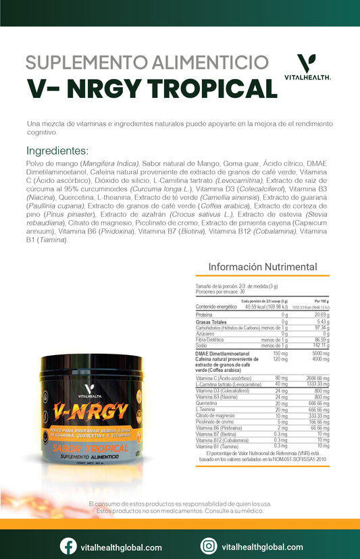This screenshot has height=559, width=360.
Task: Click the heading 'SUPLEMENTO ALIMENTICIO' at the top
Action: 142,63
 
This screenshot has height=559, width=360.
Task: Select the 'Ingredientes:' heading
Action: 57,151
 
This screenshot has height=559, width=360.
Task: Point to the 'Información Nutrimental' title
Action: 263,267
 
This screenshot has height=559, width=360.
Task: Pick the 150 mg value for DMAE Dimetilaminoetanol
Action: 280,353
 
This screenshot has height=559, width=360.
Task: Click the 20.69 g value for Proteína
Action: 321,315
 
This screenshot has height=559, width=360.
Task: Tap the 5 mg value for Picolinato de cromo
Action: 282,422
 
